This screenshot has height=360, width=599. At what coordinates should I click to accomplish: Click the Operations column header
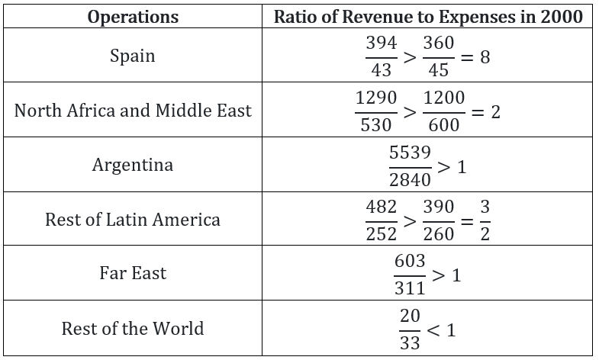tap(133, 18)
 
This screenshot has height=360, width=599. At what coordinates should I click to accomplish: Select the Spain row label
tap(133, 56)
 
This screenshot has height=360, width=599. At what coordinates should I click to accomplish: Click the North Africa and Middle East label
tap(133, 111)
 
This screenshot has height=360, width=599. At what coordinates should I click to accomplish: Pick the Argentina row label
tap(133, 165)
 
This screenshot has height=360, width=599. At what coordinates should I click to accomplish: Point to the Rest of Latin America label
tap(133, 220)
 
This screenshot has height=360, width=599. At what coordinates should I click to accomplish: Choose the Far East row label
tap(133, 273)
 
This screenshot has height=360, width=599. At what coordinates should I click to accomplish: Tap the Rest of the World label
tap(133, 328)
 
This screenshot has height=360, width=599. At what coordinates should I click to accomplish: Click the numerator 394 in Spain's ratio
tap(382, 43)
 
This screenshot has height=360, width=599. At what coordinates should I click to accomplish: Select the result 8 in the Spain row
tap(485, 57)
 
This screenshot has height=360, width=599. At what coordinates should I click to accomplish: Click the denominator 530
tap(376, 125)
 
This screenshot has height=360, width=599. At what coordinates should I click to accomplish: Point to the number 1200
tap(444, 98)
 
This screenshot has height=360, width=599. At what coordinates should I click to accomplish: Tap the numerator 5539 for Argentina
tap(410, 153)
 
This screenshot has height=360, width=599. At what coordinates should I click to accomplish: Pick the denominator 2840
tap(410, 179)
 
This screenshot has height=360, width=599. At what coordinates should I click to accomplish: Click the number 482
tap(382, 207)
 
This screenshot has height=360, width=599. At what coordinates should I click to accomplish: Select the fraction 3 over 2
tap(485, 220)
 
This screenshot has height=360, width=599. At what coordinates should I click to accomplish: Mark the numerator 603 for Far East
tap(410, 261)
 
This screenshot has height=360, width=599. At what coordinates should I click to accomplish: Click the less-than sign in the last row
tap(433, 330)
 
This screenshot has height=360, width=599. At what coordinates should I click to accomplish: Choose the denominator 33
tap(410, 342)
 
